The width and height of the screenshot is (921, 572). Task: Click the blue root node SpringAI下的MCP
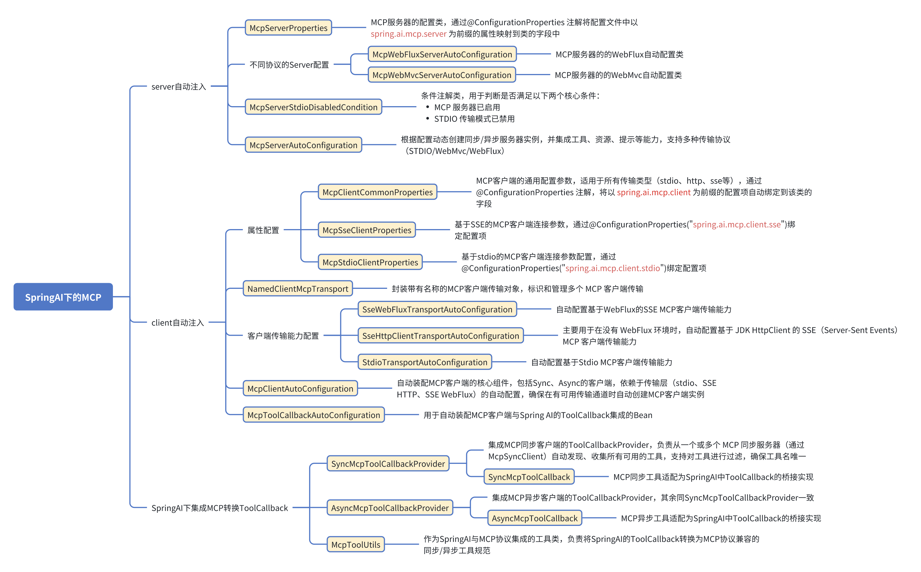click(63, 297)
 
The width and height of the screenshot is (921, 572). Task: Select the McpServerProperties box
click(288, 28)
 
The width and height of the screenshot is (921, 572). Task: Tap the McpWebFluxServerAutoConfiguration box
click(442, 54)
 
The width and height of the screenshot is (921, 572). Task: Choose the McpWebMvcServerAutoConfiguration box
click(442, 75)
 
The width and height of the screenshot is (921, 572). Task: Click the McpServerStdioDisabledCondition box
click(313, 107)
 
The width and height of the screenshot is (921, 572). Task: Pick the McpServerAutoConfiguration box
click(303, 145)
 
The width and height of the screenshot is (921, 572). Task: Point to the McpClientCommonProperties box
click(377, 192)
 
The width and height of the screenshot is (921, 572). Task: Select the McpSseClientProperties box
click(367, 230)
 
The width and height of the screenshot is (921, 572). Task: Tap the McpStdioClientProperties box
click(370, 262)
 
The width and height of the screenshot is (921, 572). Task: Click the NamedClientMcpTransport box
click(298, 288)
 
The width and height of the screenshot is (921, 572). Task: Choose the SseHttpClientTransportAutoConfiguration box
click(441, 336)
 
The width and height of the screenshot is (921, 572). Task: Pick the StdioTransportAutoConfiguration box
click(425, 362)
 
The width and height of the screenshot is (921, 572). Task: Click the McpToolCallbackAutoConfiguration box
click(313, 415)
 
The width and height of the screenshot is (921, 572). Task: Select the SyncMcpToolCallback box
click(529, 477)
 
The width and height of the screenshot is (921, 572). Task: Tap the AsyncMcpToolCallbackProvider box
click(390, 508)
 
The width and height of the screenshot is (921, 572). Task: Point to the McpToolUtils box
click(355, 544)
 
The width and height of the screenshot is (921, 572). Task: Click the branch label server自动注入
click(178, 87)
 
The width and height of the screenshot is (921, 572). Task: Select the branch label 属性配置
click(263, 230)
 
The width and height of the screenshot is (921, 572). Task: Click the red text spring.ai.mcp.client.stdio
click(612, 268)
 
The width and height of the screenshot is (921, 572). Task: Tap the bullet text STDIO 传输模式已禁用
click(474, 119)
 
